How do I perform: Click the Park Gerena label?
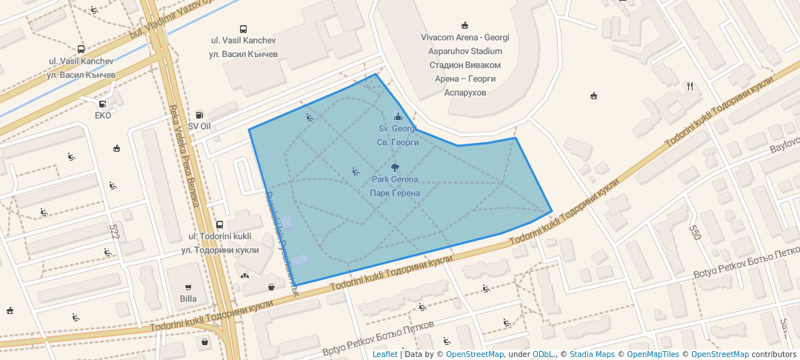395,179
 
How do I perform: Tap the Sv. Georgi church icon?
398,116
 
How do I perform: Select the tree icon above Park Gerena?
395,167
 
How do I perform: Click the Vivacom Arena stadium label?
464,38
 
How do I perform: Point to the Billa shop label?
188,299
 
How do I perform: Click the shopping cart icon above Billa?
188,287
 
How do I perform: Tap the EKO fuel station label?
103,116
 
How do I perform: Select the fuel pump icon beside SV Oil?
199,115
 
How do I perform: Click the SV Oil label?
199,127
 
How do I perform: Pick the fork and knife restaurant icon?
690,85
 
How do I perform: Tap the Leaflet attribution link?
384,354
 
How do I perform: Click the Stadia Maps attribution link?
592,354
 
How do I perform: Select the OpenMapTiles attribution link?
653,354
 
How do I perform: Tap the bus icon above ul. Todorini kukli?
219,224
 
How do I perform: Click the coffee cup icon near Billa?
272,286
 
